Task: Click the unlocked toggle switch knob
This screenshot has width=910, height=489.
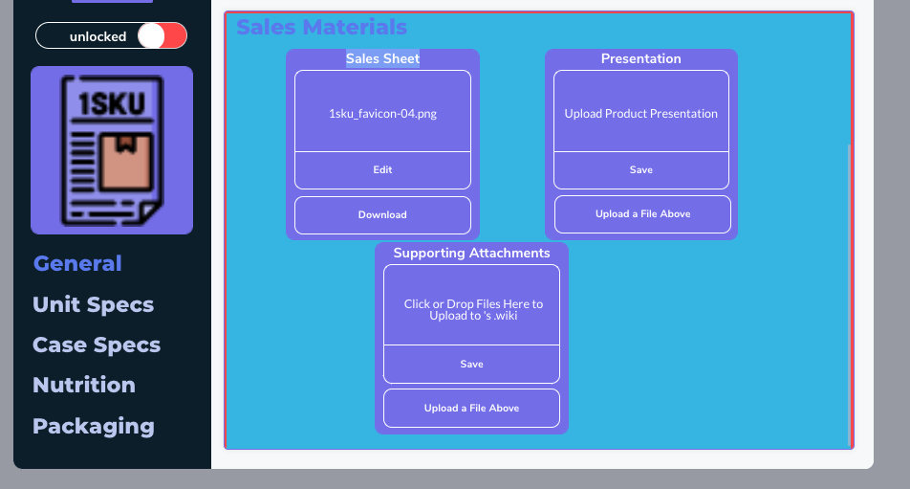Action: point(151,36)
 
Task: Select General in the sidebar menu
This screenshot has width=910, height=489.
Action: point(77,264)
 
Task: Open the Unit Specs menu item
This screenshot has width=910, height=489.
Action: point(94,305)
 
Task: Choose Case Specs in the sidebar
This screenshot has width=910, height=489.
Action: point(97,345)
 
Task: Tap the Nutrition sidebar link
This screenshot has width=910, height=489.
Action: point(84,385)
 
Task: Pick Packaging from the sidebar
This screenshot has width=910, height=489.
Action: point(94,426)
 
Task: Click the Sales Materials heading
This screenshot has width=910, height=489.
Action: point(321,28)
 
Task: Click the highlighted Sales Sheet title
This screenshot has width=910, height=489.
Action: point(382,58)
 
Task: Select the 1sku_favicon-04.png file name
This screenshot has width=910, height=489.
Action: point(382,114)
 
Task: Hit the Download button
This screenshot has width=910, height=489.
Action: point(382,215)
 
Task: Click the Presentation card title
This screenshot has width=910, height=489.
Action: point(640,58)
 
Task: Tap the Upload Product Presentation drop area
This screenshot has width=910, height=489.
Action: point(640,112)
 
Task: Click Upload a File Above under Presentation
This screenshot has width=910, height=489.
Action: point(642,214)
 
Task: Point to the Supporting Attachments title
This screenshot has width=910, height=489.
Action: point(471,254)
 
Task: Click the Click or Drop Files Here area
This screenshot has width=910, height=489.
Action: point(471,305)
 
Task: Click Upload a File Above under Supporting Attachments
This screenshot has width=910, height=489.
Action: point(471,409)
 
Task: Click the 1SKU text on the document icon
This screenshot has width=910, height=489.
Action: point(112,104)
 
